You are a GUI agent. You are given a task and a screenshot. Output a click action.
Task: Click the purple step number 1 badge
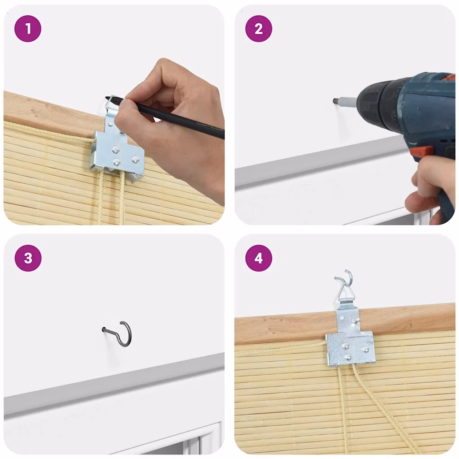28,29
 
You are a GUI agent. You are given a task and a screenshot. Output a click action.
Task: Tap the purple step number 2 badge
259,29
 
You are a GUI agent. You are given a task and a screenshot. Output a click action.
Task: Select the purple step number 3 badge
28,258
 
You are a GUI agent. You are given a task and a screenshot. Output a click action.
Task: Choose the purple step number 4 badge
259,258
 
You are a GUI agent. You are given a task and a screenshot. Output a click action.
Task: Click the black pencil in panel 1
164,116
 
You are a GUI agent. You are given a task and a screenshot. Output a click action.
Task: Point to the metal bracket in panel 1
118,147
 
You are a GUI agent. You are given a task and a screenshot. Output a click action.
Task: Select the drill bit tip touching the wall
335,101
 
